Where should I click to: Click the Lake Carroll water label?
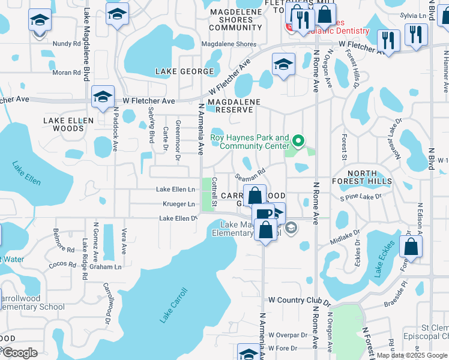[174, 306]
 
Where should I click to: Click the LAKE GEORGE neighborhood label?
[184, 71]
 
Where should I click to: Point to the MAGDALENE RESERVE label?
[234, 106]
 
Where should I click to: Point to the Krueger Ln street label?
[178, 204]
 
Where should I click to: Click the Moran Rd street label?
[66, 73]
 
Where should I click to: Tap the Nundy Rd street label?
[66, 44]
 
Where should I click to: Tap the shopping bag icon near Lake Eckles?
[411, 247]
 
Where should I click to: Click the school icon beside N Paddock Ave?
[103, 96]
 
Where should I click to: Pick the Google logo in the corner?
[19, 353]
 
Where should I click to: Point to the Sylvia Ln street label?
[412, 17]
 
